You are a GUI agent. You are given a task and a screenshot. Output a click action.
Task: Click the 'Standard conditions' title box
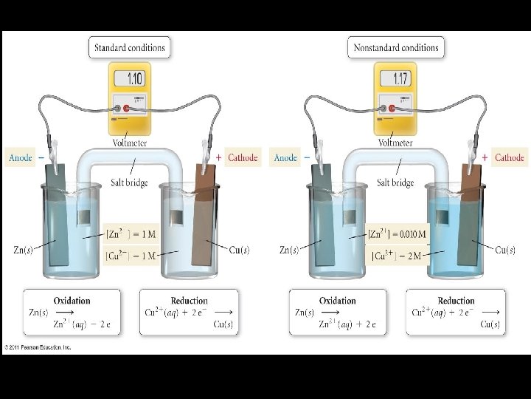tap(130, 48)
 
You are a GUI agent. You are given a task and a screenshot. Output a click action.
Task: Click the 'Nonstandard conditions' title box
tap(396, 48)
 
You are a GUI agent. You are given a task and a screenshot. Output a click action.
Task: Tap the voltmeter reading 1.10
tap(135, 80)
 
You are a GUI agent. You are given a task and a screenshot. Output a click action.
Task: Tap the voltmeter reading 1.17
tap(400, 80)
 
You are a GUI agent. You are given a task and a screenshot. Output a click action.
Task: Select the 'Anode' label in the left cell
tap(20, 157)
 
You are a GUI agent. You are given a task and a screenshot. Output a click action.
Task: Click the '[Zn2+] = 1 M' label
tap(131, 234)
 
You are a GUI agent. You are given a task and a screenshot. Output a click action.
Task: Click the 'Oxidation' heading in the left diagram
tap(72, 301)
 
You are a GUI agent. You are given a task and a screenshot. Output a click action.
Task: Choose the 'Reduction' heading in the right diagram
tap(456, 301)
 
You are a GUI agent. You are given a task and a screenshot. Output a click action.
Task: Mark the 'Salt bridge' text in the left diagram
tap(130, 183)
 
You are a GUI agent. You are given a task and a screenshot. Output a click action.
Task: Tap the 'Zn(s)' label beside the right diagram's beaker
tap(290, 250)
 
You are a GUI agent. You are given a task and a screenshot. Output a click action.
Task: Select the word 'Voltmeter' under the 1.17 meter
tap(395, 142)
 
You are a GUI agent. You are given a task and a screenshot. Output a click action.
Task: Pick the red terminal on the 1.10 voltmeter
tap(126, 109)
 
